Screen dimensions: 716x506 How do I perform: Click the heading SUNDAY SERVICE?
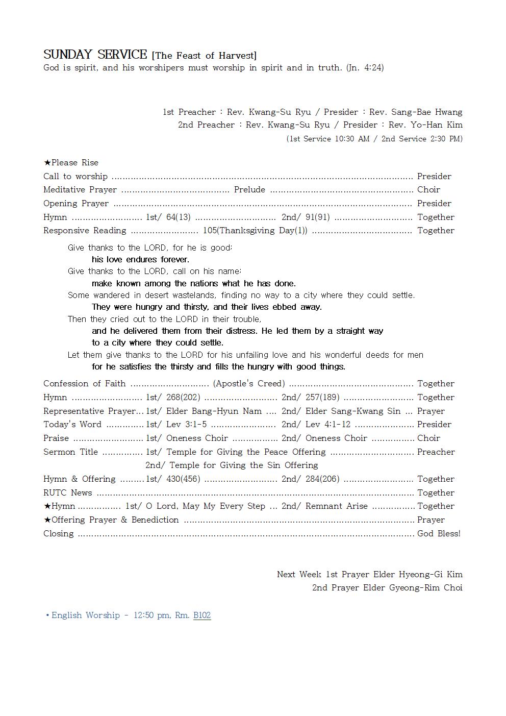(95, 55)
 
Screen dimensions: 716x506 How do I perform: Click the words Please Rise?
(74, 163)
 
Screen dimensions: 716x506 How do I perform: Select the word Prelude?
(249, 190)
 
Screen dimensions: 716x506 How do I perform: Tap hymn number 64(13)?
(178, 217)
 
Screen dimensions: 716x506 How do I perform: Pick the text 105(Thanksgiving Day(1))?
(255, 231)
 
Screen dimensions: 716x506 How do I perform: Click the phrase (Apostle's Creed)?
(249, 384)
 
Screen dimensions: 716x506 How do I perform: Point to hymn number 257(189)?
(322, 398)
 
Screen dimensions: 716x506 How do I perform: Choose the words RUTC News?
(68, 493)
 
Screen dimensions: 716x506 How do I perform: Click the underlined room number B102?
(202, 615)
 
